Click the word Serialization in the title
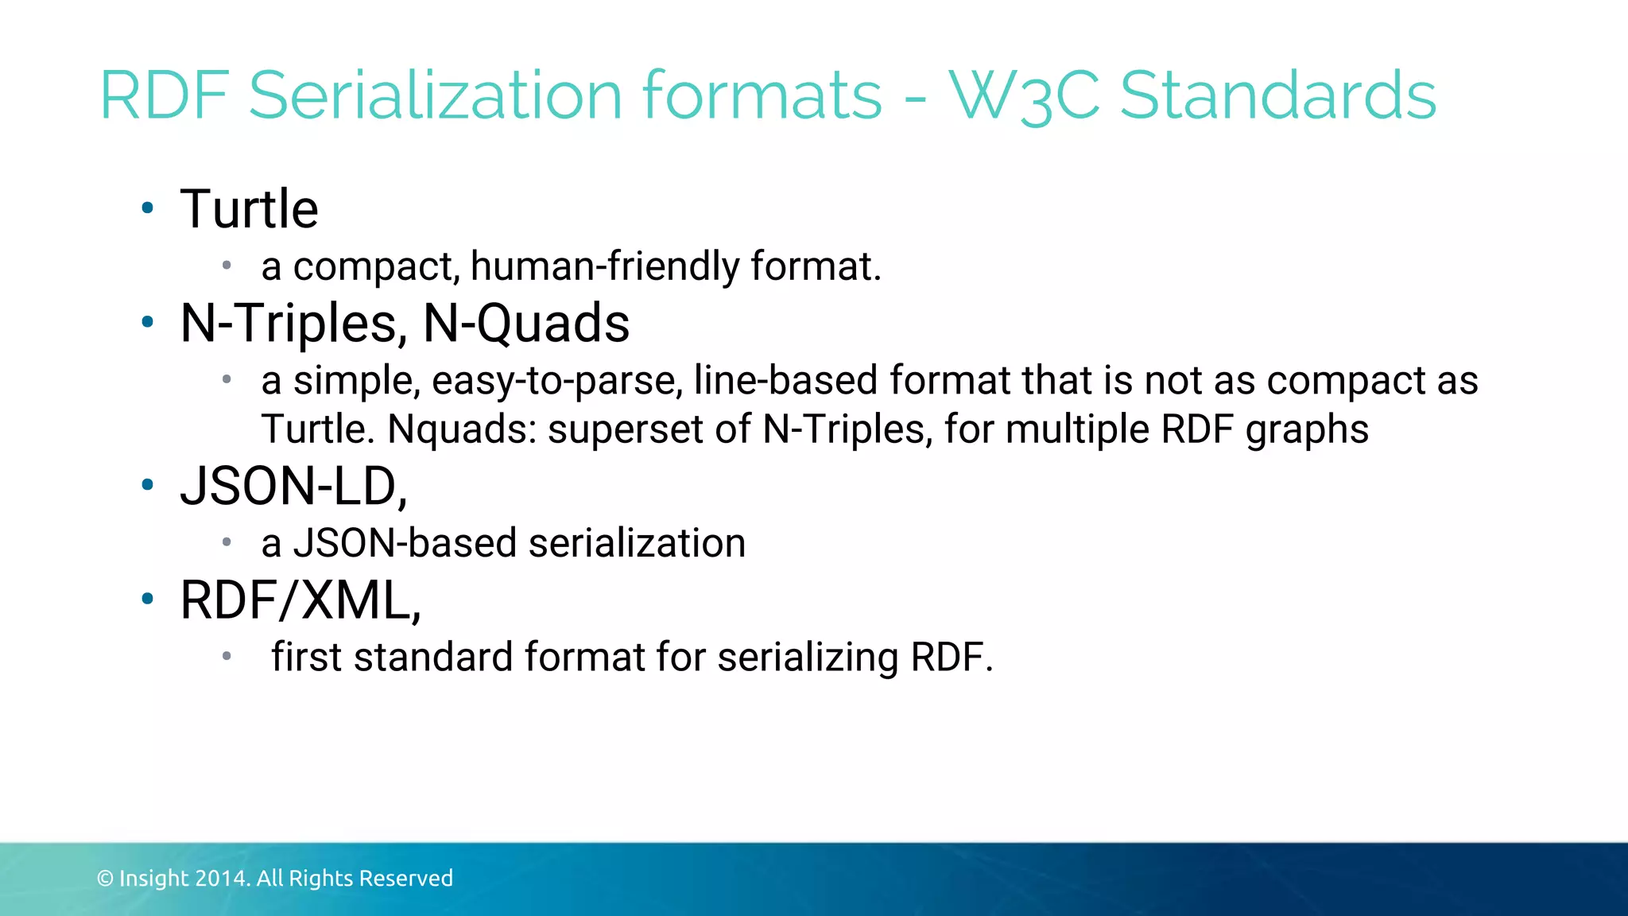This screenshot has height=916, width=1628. pos(434,95)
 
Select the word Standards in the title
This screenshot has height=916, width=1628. pos(1277,95)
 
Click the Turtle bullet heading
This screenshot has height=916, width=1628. pos(249,209)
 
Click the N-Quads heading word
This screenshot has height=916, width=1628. pos(526,324)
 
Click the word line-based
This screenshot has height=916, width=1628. pos(785,380)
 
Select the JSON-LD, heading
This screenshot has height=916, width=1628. pos(294,486)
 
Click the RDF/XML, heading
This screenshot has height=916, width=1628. pos(300,600)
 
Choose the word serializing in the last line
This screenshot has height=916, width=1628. pos(808,658)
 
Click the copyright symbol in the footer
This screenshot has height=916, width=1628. pos(105,879)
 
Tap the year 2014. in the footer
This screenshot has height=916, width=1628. pos(223,879)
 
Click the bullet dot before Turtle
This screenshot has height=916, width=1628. pos(147,208)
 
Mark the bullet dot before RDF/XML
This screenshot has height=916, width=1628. pos(147,599)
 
